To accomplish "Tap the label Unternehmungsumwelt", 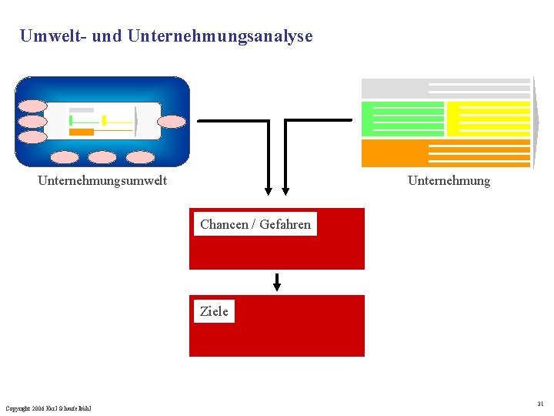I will [x=102, y=181].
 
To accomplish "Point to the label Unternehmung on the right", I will [x=449, y=181].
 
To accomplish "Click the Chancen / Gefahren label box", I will [x=255, y=224].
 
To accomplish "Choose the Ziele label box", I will [x=214, y=311].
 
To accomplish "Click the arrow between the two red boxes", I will [x=277, y=282].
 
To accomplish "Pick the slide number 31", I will [x=540, y=403].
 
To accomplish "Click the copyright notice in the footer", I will [x=48, y=408].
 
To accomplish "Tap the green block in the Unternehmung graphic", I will [x=402, y=119].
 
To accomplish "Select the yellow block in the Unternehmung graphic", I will [x=489, y=119].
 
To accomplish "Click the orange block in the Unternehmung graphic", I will [x=394, y=153].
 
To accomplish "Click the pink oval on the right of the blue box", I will [x=171, y=121].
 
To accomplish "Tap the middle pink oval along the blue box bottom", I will [x=102, y=157].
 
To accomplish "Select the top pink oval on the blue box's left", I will [x=33, y=106].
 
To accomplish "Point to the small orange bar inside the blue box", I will [x=82, y=132].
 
